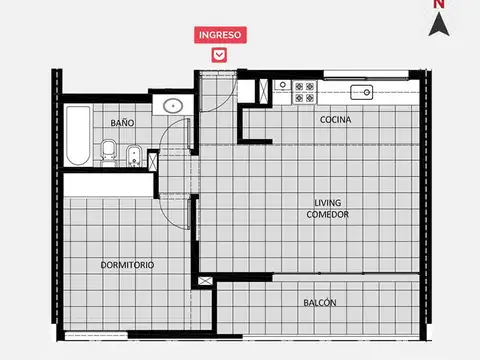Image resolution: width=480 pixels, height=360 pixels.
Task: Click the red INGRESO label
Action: pos(219,34)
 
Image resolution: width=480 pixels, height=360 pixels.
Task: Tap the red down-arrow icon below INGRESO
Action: pos(219,55)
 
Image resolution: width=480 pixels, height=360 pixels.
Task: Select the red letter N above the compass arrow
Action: pos(438,4)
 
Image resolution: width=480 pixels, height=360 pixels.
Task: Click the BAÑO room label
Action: pos(122,122)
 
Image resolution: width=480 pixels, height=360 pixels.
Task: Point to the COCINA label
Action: pos(335,120)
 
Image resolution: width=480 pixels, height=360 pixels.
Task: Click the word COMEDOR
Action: pos(327,214)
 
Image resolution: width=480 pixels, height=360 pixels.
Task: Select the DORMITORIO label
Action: pos(127,265)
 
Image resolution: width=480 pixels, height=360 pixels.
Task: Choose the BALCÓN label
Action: pos(319,302)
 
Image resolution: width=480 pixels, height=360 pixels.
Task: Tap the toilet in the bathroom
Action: pos(108,152)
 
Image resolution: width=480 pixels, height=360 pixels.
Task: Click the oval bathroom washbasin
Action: pos(173,104)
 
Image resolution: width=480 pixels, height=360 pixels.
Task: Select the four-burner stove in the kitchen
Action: pos(303,92)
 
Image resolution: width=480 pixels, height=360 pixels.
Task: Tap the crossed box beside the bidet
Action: pos(153,159)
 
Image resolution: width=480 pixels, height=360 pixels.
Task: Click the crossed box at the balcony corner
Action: pos(206,282)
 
